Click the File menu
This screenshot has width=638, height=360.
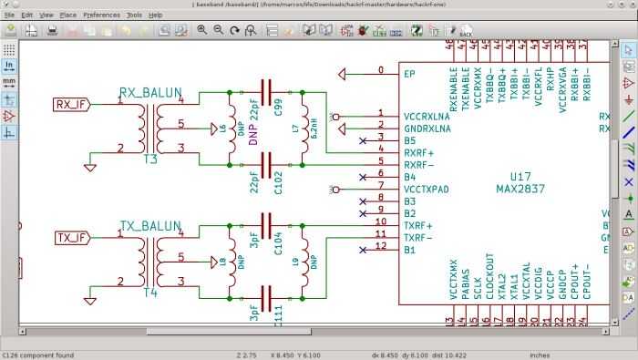(x=9, y=15)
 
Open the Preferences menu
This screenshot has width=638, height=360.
(x=100, y=15)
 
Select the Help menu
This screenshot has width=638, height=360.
(x=156, y=15)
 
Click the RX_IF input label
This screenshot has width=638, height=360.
(x=72, y=103)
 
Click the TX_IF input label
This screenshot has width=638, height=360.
(x=72, y=238)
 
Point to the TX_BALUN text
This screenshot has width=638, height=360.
(x=149, y=225)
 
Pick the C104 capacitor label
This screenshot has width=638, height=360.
(x=277, y=244)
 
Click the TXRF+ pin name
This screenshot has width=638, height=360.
(x=418, y=224)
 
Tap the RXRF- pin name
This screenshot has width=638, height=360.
(x=418, y=165)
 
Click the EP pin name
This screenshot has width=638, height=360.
(x=409, y=72)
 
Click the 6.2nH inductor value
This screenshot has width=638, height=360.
(x=313, y=127)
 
